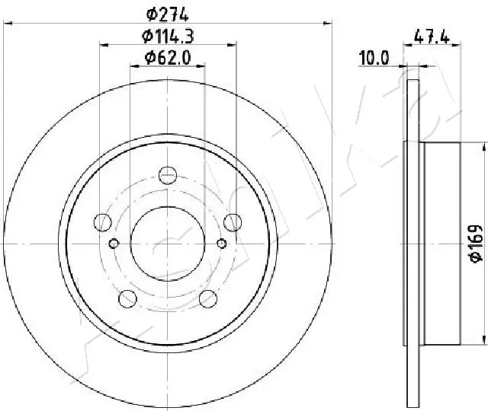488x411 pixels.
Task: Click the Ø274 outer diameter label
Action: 168,14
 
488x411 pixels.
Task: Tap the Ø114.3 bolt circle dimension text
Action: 168,36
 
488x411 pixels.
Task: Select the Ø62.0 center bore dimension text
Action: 168,58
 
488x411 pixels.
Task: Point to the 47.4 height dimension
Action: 432,37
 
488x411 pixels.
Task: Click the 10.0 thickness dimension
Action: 374,58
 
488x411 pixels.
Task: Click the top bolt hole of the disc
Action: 168,176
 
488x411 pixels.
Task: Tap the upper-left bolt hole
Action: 103,222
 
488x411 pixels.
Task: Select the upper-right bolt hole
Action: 233,222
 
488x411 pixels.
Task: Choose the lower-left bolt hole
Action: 127,299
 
